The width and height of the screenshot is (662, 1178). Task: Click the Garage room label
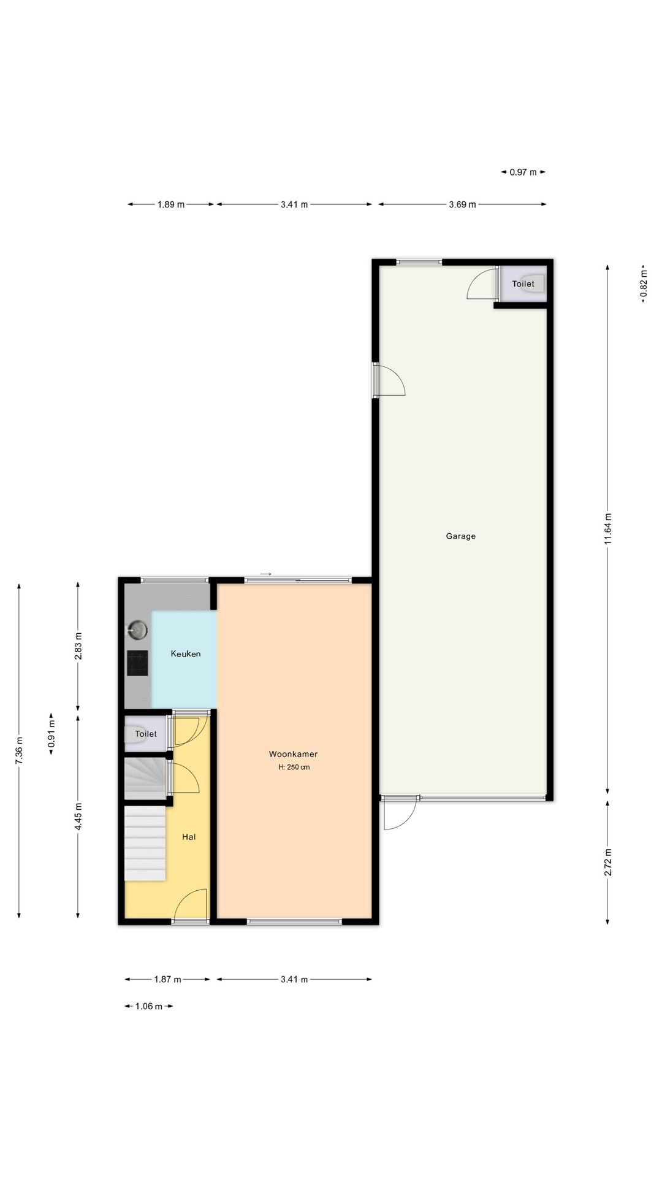click(x=460, y=536)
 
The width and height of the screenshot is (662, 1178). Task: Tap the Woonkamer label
click(x=293, y=754)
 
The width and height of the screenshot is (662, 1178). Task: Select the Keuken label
click(x=185, y=654)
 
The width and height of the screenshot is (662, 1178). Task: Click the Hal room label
click(x=189, y=837)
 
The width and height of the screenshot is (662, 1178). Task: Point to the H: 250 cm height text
click(x=294, y=768)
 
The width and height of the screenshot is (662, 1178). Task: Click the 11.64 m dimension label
click(x=607, y=528)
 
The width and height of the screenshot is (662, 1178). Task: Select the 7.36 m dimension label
click(x=19, y=750)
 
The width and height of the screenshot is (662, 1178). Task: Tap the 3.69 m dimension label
click(x=462, y=204)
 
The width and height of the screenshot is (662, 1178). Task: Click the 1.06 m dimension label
click(x=148, y=1006)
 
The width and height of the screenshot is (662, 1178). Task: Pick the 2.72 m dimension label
click(x=607, y=862)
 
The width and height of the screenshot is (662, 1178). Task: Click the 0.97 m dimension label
click(x=523, y=172)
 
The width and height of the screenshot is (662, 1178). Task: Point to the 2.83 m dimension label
click(x=78, y=645)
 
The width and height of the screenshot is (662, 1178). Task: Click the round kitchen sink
click(x=137, y=629)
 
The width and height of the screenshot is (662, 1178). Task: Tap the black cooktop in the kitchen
click(x=137, y=663)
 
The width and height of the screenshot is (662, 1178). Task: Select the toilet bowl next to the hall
click(x=133, y=734)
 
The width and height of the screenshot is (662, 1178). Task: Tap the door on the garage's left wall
click(x=390, y=380)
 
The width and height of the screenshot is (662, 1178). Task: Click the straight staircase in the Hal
click(x=145, y=844)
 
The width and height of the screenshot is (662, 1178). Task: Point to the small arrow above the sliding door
click(x=265, y=574)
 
